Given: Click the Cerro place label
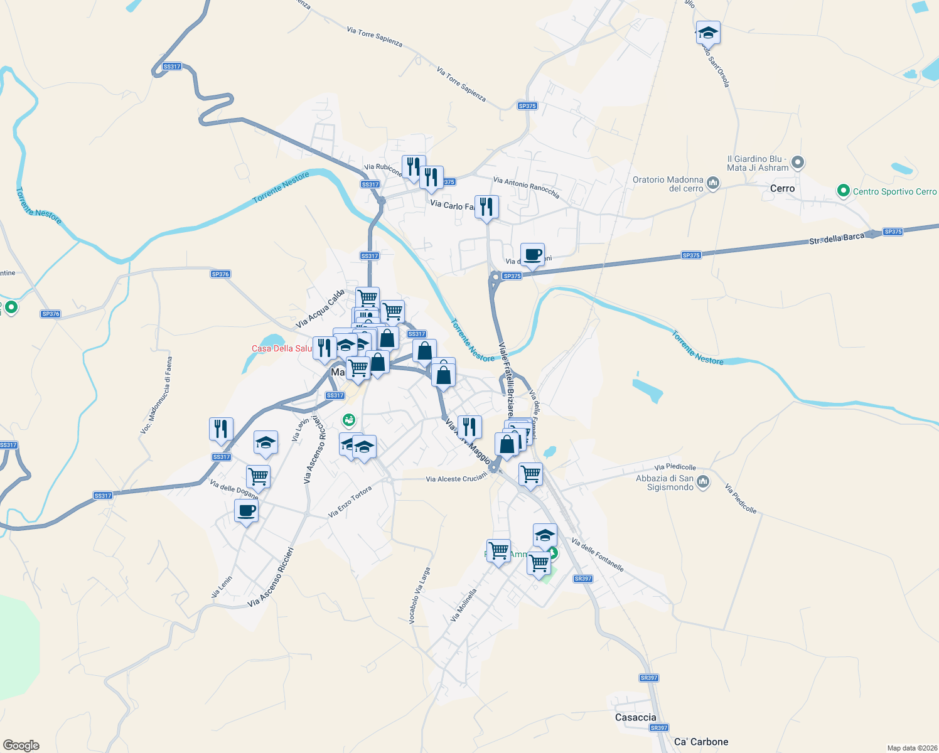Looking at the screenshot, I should pyautogui.click(x=782, y=188).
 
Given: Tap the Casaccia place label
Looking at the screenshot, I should pyautogui.click(x=635, y=717).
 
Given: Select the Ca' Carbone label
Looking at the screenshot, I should pyautogui.click(x=701, y=742).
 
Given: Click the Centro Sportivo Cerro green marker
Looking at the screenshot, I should pyautogui.click(x=843, y=191).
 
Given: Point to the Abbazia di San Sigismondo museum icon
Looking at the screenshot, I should pyautogui.click(x=703, y=482).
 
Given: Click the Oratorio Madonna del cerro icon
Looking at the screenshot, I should pyautogui.click(x=712, y=183).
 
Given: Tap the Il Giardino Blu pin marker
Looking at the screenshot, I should pyautogui.click(x=798, y=163).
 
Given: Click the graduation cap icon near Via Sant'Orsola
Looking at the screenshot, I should pyautogui.click(x=708, y=33).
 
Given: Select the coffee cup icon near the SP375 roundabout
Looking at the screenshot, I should pyautogui.click(x=532, y=255).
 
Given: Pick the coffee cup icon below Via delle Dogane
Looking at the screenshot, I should pyautogui.click(x=246, y=511).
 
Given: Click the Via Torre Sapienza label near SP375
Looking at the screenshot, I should pyautogui.click(x=461, y=85).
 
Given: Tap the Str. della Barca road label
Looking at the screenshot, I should pyautogui.click(x=836, y=239).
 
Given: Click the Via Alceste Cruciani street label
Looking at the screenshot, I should pyautogui.click(x=456, y=479).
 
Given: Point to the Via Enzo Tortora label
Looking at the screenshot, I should pyautogui.click(x=350, y=502).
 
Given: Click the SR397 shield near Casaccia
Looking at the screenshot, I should pyautogui.click(x=658, y=728).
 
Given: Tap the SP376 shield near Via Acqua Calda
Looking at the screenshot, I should pyautogui.click(x=220, y=274).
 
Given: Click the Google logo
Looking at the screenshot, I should pyautogui.click(x=21, y=745).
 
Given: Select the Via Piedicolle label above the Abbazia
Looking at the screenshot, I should pyautogui.click(x=675, y=467).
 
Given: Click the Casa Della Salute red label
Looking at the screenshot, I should pyautogui.click(x=281, y=348).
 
